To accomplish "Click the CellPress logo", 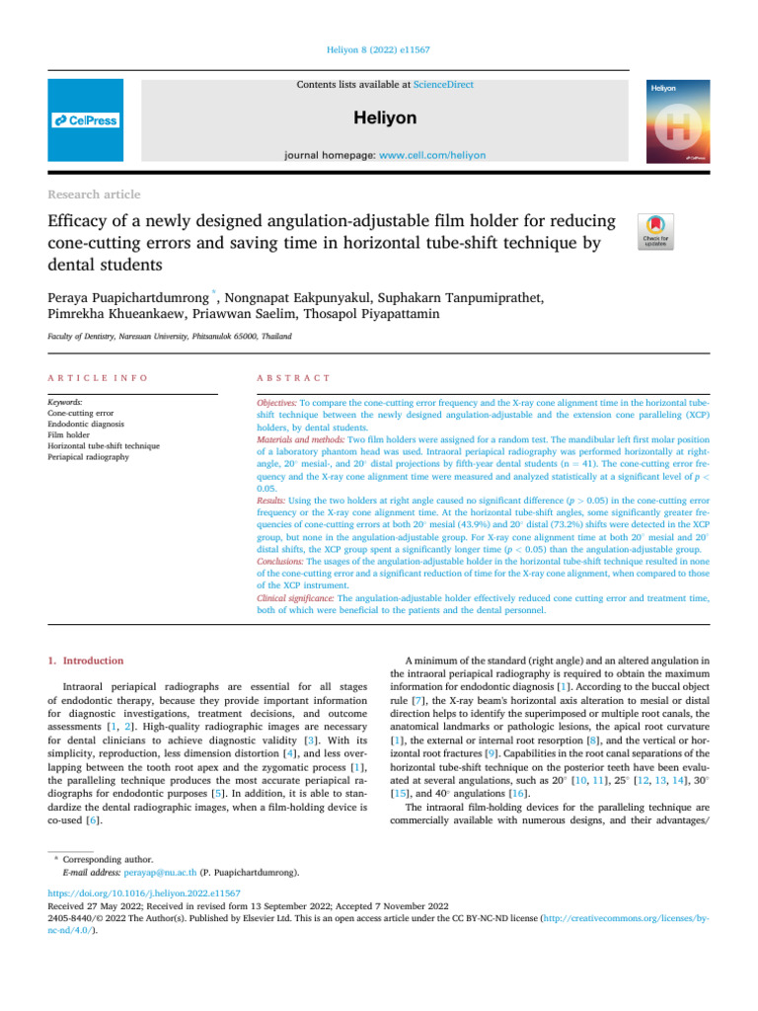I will click(x=85, y=120).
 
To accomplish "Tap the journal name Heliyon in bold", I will click(x=385, y=118).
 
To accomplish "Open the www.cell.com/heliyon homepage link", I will click(x=438, y=156).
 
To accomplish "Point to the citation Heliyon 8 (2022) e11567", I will click(x=378, y=47).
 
